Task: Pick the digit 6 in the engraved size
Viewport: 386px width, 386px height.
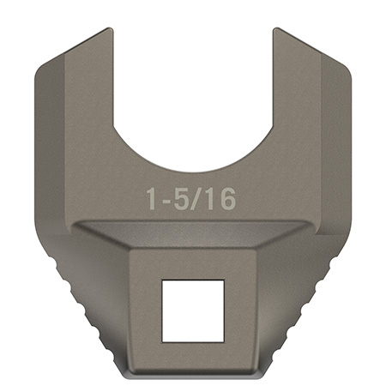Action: pos(225,200)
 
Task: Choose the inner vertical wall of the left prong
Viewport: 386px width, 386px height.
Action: pos(114,86)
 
